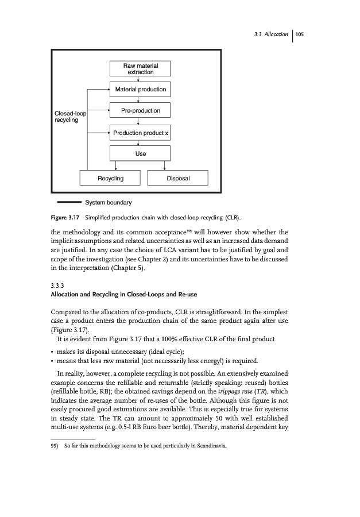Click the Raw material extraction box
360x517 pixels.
pos(140,70)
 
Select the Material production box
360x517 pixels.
pos(140,90)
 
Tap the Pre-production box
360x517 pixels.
pos(140,110)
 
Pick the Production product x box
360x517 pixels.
pos(140,133)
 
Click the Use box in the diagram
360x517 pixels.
pos(140,153)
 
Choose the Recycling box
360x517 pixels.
pos(110,179)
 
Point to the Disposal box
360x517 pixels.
pos(178,179)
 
